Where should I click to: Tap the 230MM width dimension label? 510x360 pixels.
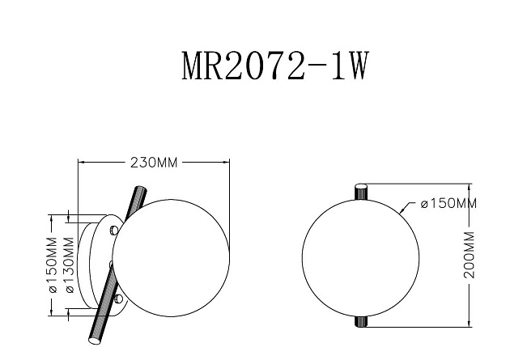tap(154, 163)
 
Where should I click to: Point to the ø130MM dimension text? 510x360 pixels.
tap(69, 265)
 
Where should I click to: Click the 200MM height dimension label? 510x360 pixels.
tap(469, 254)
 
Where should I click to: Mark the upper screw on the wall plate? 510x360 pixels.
tap(114, 231)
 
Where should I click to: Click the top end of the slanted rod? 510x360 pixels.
tap(137, 191)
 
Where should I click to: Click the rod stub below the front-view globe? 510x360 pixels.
tap(361, 321)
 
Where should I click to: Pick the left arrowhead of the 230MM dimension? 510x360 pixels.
tap(81, 163)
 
